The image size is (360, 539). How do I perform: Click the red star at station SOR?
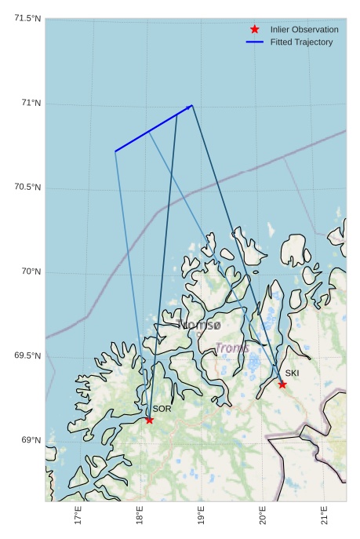tap(149, 420)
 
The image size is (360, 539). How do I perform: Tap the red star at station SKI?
tap(282, 384)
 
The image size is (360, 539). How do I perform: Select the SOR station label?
tap(162, 409)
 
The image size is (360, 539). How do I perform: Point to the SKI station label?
tap(292, 373)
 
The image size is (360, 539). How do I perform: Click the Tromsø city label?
tap(201, 325)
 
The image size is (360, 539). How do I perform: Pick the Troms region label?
tap(232, 348)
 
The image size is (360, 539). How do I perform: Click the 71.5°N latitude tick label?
tap(27, 18)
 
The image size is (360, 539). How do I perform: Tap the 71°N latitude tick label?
tap(31, 103)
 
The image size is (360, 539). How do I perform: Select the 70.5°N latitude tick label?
tap(27, 187)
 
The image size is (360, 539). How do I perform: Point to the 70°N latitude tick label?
tap(31, 271)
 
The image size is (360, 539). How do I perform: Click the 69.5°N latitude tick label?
tap(27, 355)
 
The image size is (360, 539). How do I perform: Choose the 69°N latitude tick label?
tap(31, 440)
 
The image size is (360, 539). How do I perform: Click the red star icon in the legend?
tap(254, 29)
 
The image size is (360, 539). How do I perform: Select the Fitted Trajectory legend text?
tap(301, 42)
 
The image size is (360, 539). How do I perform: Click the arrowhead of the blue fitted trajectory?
tap(190, 106)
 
